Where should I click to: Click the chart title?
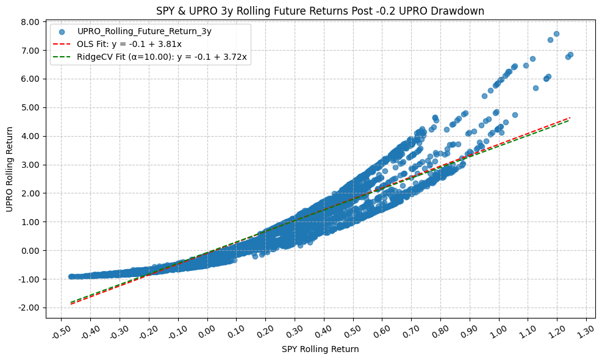tap(320, 10)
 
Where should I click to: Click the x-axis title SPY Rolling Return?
tap(320, 349)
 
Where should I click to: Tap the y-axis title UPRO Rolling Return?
tap(10, 169)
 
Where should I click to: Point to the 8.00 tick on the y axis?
tap(31, 22)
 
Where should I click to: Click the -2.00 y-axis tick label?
tap(30, 308)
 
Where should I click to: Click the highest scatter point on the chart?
tap(556, 34)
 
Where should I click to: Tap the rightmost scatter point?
tap(570, 54)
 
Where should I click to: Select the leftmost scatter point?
tap(71, 276)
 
